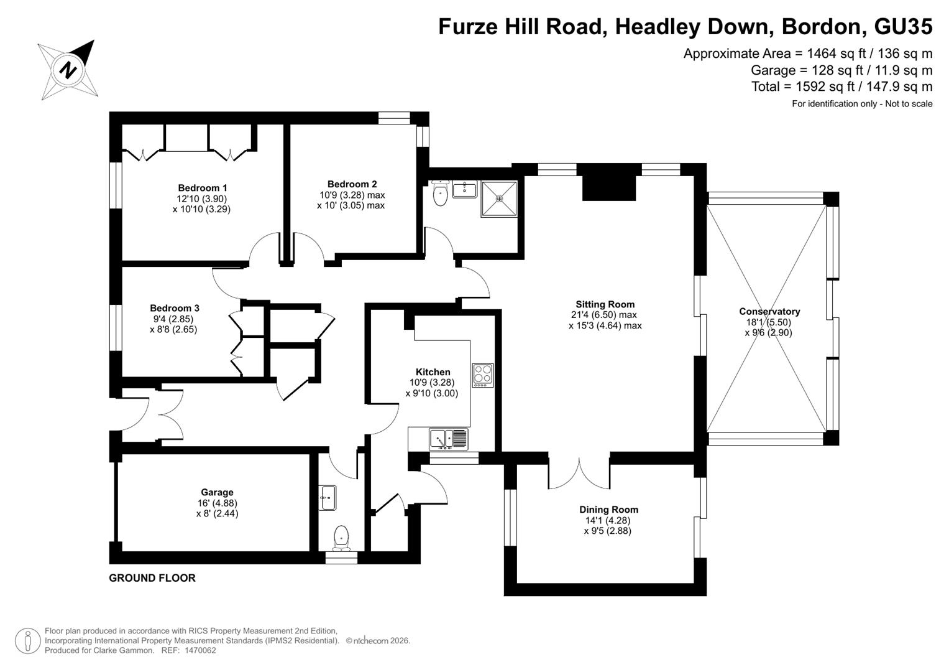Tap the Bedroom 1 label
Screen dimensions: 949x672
point(202,187)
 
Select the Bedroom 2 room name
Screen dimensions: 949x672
point(352,184)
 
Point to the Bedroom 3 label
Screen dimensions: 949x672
point(174,308)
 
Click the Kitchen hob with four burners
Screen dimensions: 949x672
point(483,375)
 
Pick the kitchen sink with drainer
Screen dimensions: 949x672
point(449,439)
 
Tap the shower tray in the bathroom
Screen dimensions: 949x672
point(499,199)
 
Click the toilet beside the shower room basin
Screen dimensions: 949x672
point(441,193)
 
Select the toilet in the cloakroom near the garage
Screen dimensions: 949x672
point(341,538)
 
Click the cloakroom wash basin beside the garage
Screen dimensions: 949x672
point(327,498)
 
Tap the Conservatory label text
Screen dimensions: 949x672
point(769,311)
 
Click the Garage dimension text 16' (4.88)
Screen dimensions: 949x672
point(217,503)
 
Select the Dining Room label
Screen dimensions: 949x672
point(608,510)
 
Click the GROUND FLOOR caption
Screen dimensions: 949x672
point(152,578)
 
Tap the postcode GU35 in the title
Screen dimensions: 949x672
point(903,26)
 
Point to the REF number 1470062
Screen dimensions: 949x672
point(200,650)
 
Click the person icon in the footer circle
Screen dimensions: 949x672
point(28,641)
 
